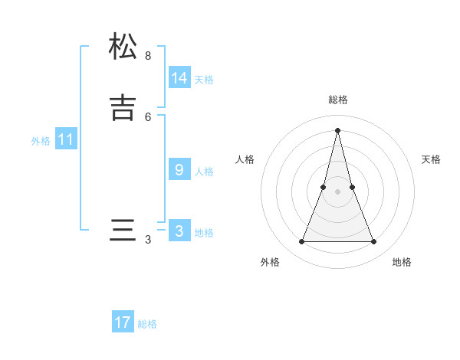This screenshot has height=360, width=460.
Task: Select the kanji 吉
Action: coord(123,107)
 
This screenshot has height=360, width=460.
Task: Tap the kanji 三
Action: coord(123,231)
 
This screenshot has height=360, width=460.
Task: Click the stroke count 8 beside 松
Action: coord(148,56)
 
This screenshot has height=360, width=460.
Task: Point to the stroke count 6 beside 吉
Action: coord(148,116)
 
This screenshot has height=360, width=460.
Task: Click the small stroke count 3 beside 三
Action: coord(148,240)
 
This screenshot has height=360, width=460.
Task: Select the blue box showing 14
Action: coord(179,77)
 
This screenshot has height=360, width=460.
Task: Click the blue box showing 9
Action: coord(179,169)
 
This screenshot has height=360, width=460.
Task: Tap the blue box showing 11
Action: coord(66,139)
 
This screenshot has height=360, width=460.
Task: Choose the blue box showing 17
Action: coord(123,322)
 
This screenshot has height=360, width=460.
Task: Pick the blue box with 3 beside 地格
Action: coord(179,231)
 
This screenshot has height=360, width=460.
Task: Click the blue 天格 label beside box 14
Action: coord(204,80)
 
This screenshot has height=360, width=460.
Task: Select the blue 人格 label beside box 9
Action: coord(204,172)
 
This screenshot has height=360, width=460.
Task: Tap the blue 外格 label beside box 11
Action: coord(41,141)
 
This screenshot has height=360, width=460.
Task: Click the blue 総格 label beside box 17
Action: coord(147,324)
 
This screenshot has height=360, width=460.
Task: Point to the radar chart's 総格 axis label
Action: coord(338,100)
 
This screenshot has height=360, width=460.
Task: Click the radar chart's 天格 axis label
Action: coord(432,159)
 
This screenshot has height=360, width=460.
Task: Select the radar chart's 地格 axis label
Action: coord(402,262)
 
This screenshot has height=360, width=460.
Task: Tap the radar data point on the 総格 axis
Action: coord(338,129)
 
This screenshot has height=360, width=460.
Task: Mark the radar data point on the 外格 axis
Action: coord(301,242)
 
